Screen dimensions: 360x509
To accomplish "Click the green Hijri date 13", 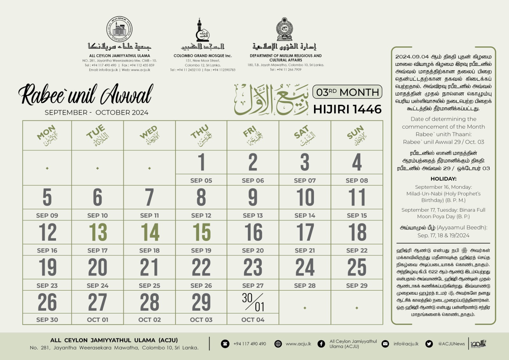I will click(x=98, y=232).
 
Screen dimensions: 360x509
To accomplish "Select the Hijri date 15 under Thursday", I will click(x=201, y=232).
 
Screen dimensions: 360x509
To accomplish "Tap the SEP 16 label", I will click(x=47, y=251).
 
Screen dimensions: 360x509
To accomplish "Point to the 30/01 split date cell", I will click(x=253, y=302).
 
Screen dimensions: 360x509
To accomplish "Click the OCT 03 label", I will click(x=201, y=320).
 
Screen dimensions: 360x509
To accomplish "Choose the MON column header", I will click(x=47, y=135).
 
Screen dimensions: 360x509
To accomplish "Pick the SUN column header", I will click(x=357, y=135).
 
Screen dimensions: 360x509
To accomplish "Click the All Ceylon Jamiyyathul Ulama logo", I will click(x=120, y=29).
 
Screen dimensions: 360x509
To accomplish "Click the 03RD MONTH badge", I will click(x=347, y=92).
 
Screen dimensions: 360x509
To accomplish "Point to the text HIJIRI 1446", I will click(x=347, y=109).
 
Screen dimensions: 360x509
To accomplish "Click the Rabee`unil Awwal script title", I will click(x=86, y=95).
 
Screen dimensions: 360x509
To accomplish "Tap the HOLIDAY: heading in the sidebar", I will click(x=443, y=179).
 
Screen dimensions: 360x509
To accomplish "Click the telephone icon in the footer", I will click(x=225, y=344).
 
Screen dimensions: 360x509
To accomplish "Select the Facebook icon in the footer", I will click(x=321, y=344).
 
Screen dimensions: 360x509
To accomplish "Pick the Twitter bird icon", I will click(x=429, y=344).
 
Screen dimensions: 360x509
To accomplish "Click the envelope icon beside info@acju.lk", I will click(x=385, y=344).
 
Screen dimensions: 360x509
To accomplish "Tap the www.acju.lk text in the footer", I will click(x=298, y=344).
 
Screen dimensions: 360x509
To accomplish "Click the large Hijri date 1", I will click(x=201, y=162).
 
